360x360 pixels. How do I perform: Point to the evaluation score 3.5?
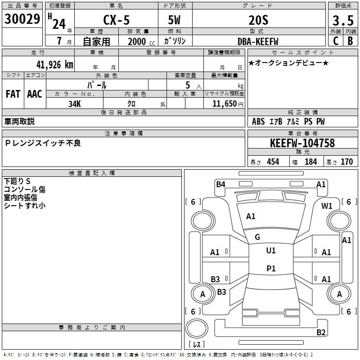click(342, 21)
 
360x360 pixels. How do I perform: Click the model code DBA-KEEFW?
click(258, 41)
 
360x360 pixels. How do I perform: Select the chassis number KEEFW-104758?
click(302, 144)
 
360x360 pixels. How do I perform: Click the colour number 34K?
click(74, 103)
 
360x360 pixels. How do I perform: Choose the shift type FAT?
click(13, 94)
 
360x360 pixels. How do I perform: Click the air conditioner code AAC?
click(35, 94)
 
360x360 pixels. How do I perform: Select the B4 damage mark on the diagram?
click(220, 184)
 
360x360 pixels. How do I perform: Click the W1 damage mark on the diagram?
click(327, 206)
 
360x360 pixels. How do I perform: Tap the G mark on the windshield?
click(257, 237)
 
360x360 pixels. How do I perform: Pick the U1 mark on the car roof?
click(270, 251)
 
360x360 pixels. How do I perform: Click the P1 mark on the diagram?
click(271, 269)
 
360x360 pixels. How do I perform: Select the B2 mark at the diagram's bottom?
click(321, 333)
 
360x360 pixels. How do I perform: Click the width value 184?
click(310, 162)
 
